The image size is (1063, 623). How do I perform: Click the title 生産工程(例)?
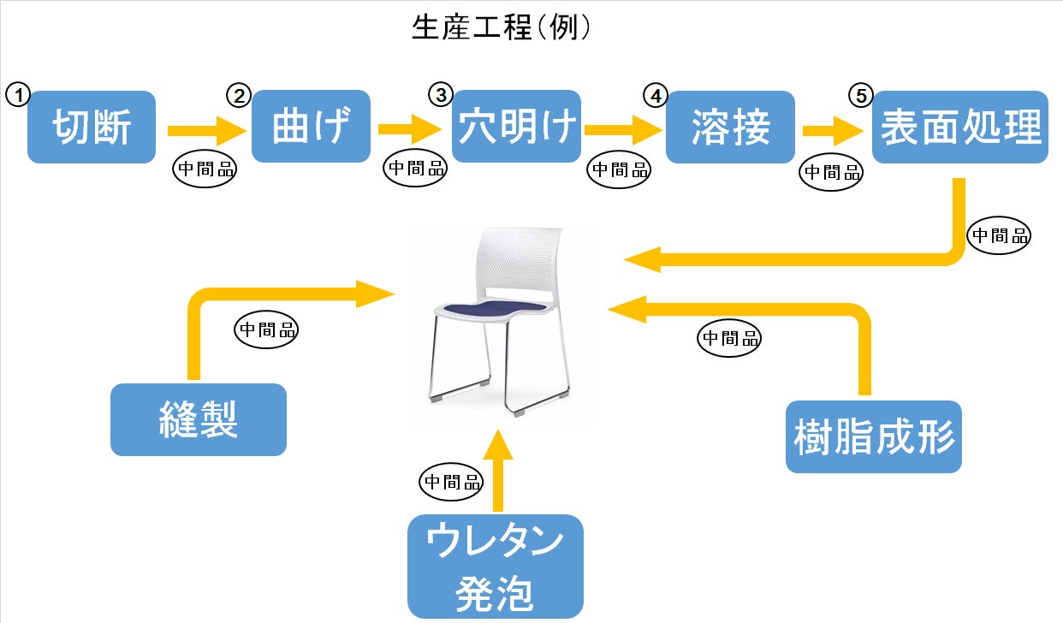tap(501, 28)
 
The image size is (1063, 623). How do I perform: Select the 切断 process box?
tap(92, 127)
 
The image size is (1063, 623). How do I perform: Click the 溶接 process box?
tap(730, 127)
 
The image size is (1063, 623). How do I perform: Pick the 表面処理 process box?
tap(959, 127)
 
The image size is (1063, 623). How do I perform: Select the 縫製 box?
tap(198, 419)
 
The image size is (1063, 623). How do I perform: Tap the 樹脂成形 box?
tap(874, 436)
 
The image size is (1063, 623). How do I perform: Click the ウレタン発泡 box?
tap(496, 567)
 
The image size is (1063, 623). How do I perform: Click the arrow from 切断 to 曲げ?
tap(205, 130)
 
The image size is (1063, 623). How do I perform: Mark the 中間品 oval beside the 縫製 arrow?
tap(266, 329)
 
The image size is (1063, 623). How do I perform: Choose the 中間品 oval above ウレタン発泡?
tap(451, 482)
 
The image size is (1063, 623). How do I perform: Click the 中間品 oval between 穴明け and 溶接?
tap(619, 169)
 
